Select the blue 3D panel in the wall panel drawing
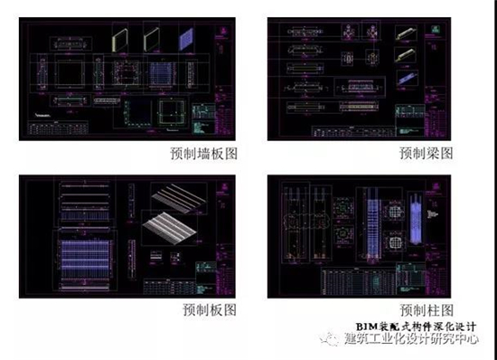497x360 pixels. click(185, 39)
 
